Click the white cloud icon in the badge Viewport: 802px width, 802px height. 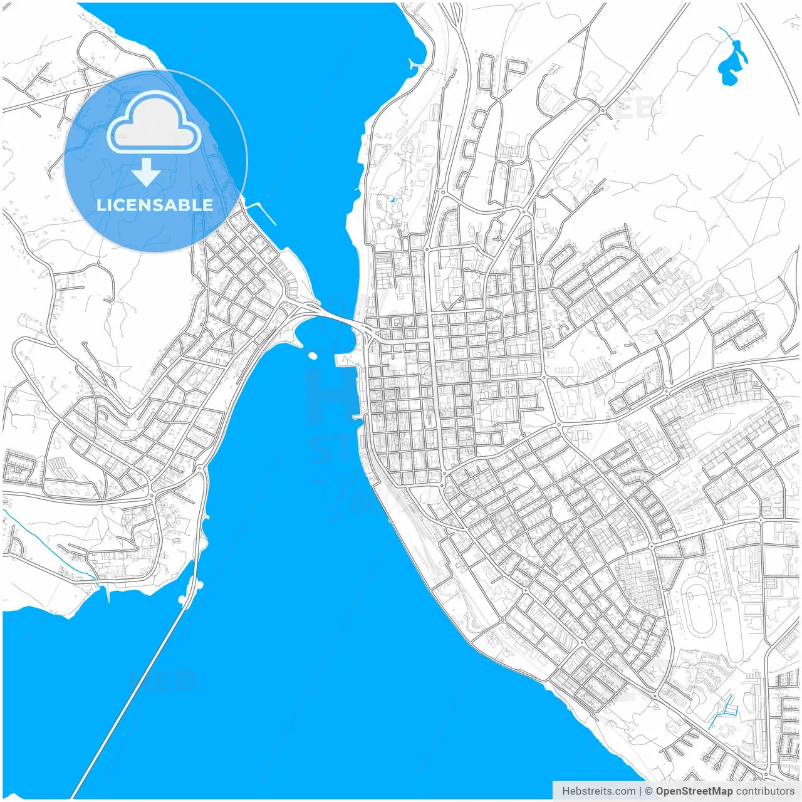click(x=154, y=123)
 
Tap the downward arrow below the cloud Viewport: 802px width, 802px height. click(x=147, y=173)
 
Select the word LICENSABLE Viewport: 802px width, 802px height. click(x=155, y=205)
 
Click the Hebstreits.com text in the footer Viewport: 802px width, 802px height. click(x=598, y=791)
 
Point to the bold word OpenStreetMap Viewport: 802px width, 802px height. click(x=694, y=791)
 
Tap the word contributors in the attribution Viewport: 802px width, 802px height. click(x=764, y=791)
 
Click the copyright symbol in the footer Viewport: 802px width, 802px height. click(x=649, y=791)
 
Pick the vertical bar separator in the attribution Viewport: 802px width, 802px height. click(x=640, y=791)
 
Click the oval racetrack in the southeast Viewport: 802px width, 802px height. click(x=700, y=605)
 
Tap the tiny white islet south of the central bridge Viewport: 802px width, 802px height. click(x=313, y=356)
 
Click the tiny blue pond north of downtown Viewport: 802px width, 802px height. click(x=392, y=200)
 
